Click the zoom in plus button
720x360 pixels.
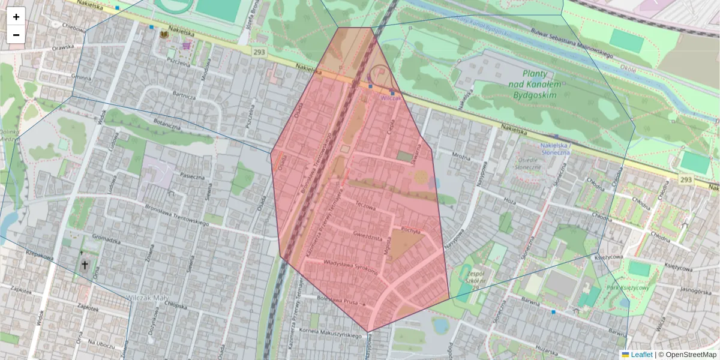pos(16,17)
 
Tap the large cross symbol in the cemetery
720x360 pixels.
pos(85,265)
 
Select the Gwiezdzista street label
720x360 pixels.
pos(368,237)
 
